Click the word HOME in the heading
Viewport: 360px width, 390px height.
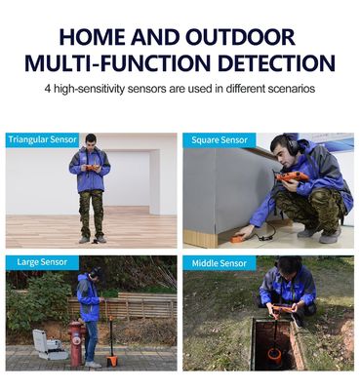93,37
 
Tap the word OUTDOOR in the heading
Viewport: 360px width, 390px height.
240,37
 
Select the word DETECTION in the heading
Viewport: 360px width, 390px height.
273,63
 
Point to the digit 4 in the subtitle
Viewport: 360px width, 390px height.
48,89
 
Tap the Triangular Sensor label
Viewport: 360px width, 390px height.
43,139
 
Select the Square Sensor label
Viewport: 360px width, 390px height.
220,140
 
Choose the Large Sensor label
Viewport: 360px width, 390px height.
42,262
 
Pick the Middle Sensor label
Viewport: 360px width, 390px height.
220,263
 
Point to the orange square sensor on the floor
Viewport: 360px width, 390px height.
238,238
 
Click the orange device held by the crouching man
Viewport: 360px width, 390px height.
292,176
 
